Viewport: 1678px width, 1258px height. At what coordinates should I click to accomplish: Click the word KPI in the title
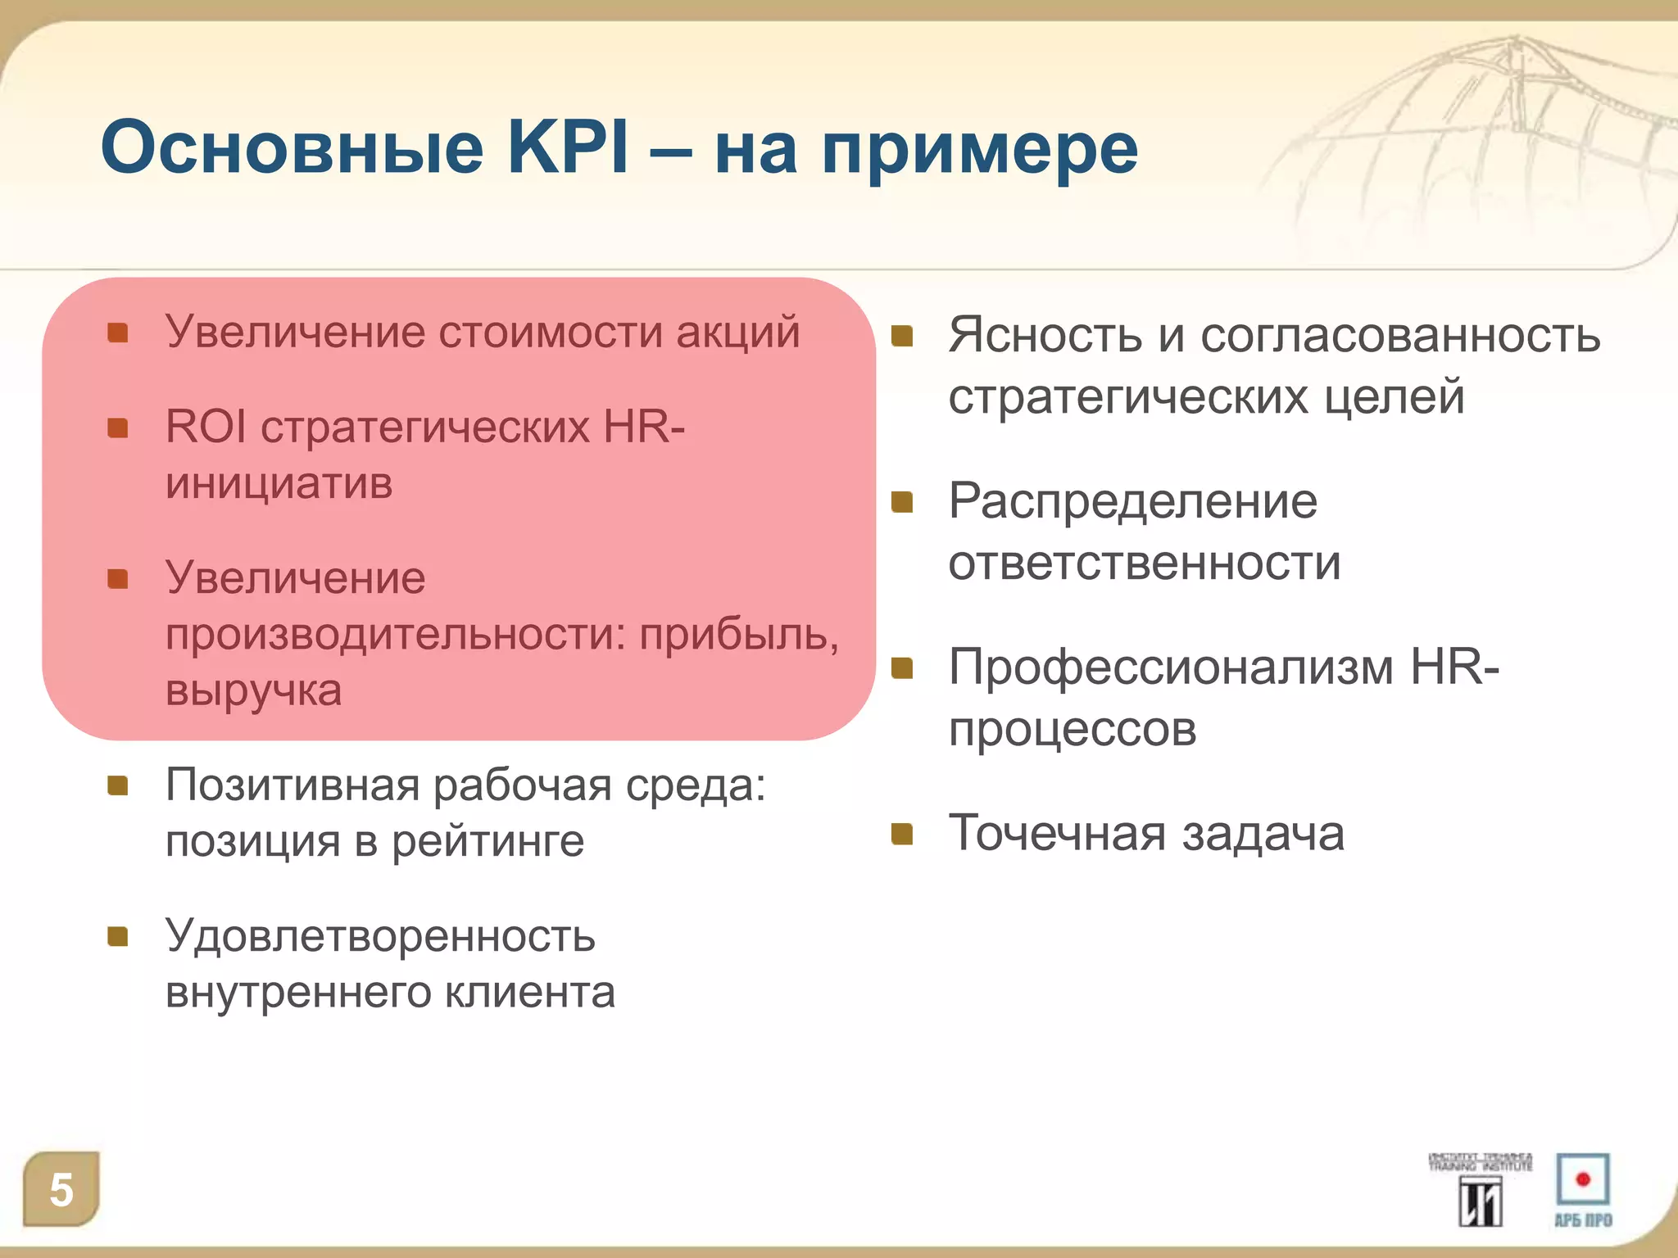click(x=568, y=147)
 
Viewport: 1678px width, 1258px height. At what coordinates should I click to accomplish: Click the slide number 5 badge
click(x=61, y=1189)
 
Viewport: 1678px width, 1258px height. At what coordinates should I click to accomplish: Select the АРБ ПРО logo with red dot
click(x=1583, y=1189)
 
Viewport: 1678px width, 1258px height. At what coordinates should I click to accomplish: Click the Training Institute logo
click(x=1481, y=1189)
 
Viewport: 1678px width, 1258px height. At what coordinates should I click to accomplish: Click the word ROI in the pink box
click(x=206, y=427)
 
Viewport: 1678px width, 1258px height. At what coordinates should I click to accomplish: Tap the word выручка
click(x=253, y=690)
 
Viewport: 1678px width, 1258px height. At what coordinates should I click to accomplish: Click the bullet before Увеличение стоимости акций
click(x=118, y=333)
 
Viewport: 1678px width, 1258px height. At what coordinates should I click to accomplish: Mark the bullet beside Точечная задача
click(x=902, y=834)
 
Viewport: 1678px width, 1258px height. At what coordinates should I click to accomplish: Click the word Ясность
click(x=1045, y=336)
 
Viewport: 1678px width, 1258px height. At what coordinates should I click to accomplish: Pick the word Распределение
click(x=1133, y=501)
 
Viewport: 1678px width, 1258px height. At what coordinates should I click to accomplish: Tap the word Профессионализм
click(x=1171, y=667)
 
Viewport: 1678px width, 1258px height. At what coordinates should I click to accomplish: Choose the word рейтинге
click(x=488, y=842)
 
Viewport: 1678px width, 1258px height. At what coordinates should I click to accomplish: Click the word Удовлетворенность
click(x=380, y=935)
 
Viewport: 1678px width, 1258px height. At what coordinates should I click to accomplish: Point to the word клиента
click(x=530, y=993)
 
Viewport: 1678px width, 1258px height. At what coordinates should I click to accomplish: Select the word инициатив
click(x=279, y=483)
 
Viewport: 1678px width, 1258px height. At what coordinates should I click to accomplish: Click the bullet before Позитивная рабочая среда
click(x=118, y=786)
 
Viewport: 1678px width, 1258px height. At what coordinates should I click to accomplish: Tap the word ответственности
click(x=1145, y=563)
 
